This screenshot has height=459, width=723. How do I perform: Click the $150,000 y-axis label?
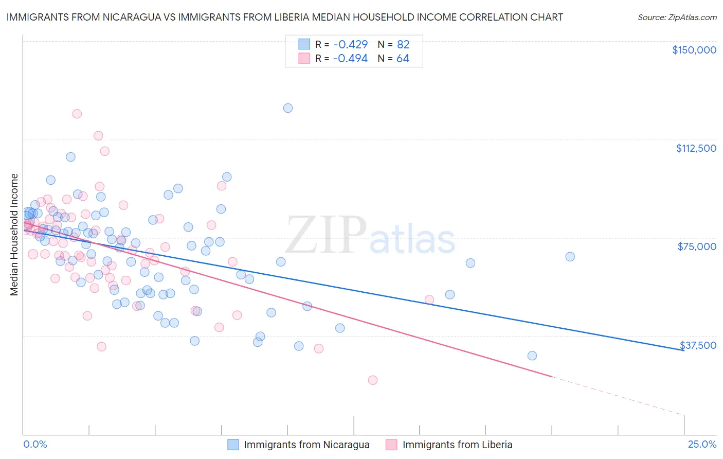pyautogui.click(x=694, y=50)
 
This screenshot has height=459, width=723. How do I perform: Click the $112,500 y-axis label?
pyautogui.click(x=696, y=148)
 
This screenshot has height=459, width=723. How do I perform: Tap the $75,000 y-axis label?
pyautogui.click(x=697, y=246)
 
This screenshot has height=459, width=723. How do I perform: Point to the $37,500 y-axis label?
pyautogui.click(x=698, y=345)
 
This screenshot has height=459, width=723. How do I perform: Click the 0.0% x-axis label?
pyautogui.click(x=35, y=444)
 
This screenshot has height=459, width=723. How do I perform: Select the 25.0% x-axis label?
pyautogui.click(x=702, y=444)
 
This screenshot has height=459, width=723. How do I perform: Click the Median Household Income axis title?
pyautogui.click(x=14, y=235)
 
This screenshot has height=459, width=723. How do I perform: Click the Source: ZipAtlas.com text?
pyautogui.click(x=677, y=17)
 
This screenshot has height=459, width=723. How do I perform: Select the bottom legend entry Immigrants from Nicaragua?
pyautogui.click(x=306, y=445)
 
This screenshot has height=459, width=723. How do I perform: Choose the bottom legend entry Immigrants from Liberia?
pyautogui.click(x=457, y=445)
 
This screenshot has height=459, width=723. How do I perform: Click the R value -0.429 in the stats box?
pyautogui.click(x=350, y=45)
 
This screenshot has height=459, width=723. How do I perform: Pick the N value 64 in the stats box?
pyautogui.click(x=403, y=59)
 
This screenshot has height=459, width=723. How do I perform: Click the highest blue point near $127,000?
pyautogui.click(x=288, y=108)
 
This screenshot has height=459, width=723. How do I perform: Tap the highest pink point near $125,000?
pyautogui.click(x=77, y=114)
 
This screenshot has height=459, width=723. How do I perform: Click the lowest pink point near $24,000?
pyautogui.click(x=373, y=380)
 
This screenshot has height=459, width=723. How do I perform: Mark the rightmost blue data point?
pyautogui.click(x=570, y=257)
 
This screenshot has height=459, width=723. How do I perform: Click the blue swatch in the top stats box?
pyautogui.click(x=304, y=44)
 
